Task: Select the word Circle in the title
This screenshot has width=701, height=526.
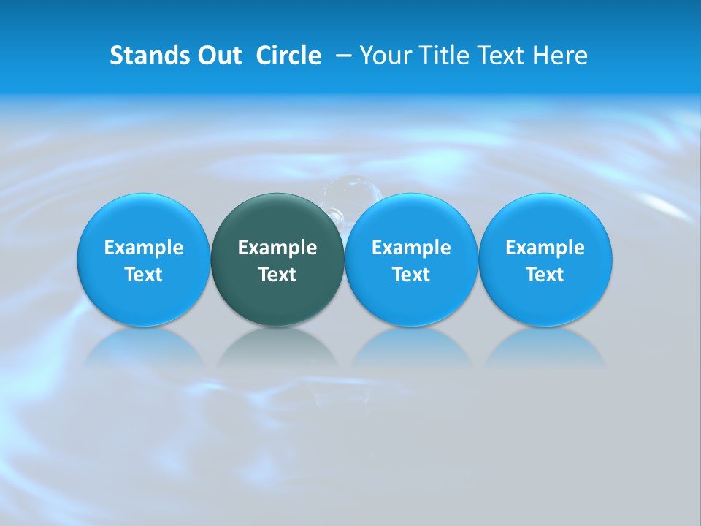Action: [x=288, y=56]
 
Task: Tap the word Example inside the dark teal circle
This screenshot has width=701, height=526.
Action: [x=277, y=248]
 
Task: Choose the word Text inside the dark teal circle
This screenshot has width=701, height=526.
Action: [x=277, y=275]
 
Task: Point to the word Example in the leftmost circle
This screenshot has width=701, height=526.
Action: [x=144, y=248]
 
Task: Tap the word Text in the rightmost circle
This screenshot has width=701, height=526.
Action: [x=545, y=275]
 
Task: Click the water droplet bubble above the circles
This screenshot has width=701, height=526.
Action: [x=353, y=191]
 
